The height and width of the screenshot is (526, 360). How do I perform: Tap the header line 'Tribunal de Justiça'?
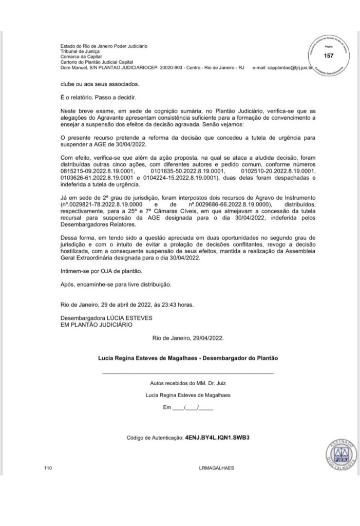(x=79, y=51)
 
